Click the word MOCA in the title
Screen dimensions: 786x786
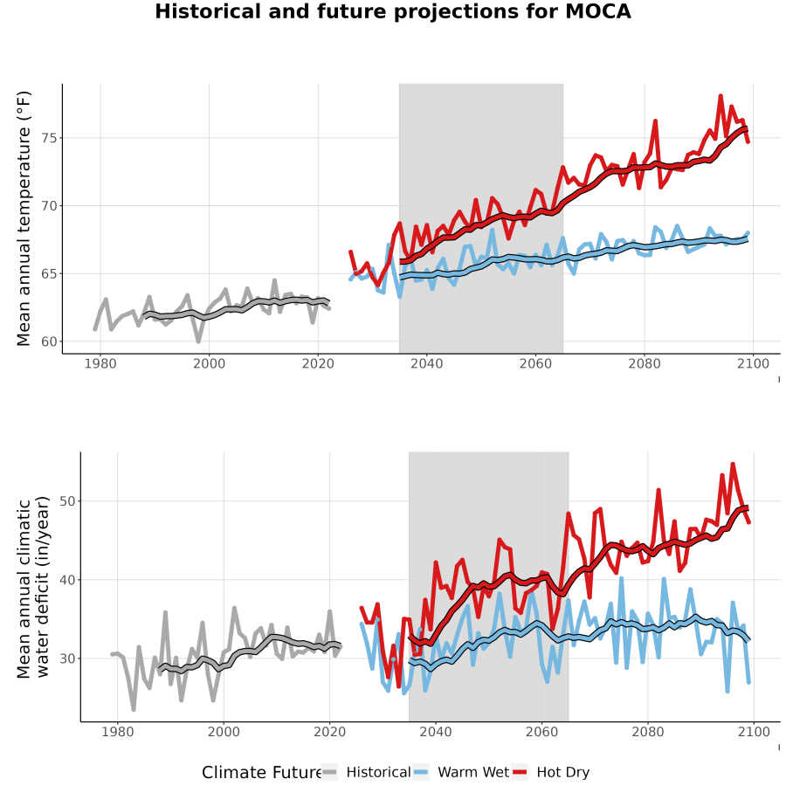tap(598, 11)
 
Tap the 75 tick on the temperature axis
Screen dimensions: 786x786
tap(49, 138)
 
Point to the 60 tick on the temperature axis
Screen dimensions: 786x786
tap(49, 341)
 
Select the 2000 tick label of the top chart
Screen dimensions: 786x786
tap(209, 363)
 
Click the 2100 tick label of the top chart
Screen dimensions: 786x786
tap(753, 363)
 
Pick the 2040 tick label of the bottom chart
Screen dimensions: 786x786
tap(436, 732)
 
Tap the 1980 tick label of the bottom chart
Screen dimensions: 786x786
tap(118, 732)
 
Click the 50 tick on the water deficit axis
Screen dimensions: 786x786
tap(67, 501)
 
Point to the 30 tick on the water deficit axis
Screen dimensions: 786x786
tap(67, 658)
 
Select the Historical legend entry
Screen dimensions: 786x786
tap(367, 772)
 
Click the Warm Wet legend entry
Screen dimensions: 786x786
tap(462, 772)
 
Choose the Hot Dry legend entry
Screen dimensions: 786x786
tap(551, 772)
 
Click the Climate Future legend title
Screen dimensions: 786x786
tap(262, 773)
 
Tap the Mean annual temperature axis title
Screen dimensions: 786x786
tap(24, 218)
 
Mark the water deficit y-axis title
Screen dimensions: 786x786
tap(33, 587)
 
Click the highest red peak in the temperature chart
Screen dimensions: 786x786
tap(720, 95)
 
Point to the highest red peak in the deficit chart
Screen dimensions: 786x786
tap(733, 464)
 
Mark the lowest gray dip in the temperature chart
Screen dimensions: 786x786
tap(198, 341)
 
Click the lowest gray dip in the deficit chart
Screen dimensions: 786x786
tap(134, 710)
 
